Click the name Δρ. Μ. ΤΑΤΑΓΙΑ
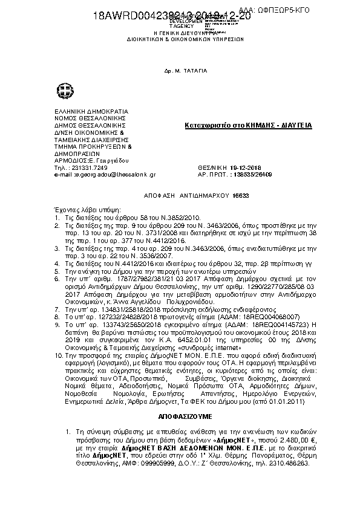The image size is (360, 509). pos(177,70)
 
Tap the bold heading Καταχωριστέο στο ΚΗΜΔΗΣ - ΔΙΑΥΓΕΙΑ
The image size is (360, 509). pos(247,126)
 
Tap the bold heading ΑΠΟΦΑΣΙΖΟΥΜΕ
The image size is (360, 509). pos(180,417)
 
